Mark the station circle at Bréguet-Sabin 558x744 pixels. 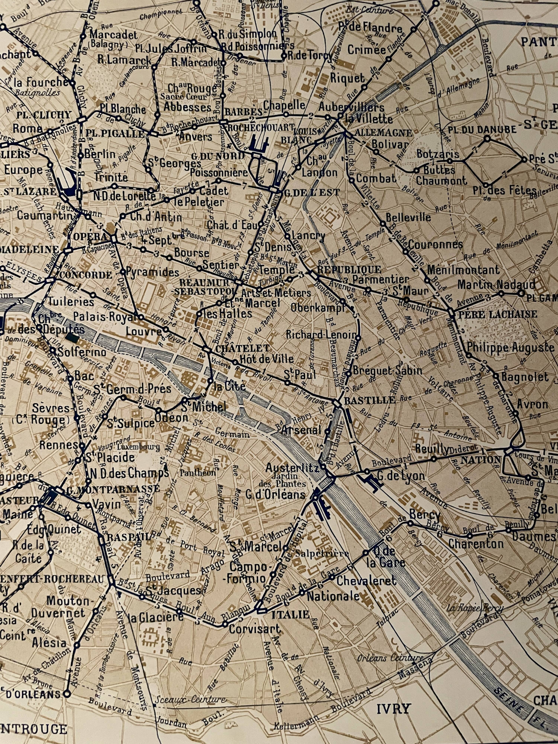pyautogui.click(x=349, y=373)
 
